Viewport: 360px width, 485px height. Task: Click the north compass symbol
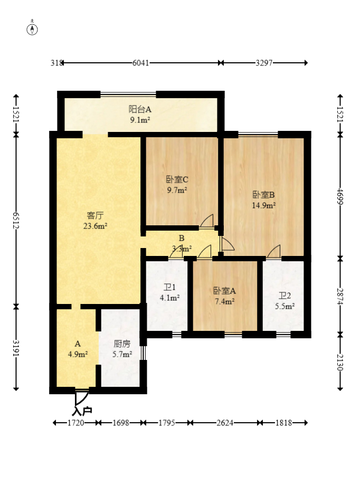pos(32,28)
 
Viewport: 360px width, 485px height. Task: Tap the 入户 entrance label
pos(82,411)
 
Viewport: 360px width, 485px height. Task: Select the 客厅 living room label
pos(95,215)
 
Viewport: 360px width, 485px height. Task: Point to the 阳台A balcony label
pos(140,109)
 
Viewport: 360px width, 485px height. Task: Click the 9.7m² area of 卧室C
pos(177,190)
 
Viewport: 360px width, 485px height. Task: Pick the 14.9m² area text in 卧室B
pos(264,205)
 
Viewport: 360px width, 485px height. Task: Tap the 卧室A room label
pos(224,291)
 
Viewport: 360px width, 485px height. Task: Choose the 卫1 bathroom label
pos(170,287)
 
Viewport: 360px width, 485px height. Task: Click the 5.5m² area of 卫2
pos(285,306)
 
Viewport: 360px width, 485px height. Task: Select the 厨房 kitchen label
pos(122,344)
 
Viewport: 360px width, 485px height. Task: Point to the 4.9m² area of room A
pos(78,354)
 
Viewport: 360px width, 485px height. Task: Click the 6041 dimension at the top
pos(141,63)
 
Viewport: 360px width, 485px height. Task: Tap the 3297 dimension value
pos(264,63)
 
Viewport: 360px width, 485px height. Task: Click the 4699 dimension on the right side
pos(340,196)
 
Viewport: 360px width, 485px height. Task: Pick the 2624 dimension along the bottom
pos(225,423)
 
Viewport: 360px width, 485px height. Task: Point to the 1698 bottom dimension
pos(121,423)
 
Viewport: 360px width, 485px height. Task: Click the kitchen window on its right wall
pos(143,353)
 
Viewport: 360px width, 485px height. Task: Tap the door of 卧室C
pos(207,221)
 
